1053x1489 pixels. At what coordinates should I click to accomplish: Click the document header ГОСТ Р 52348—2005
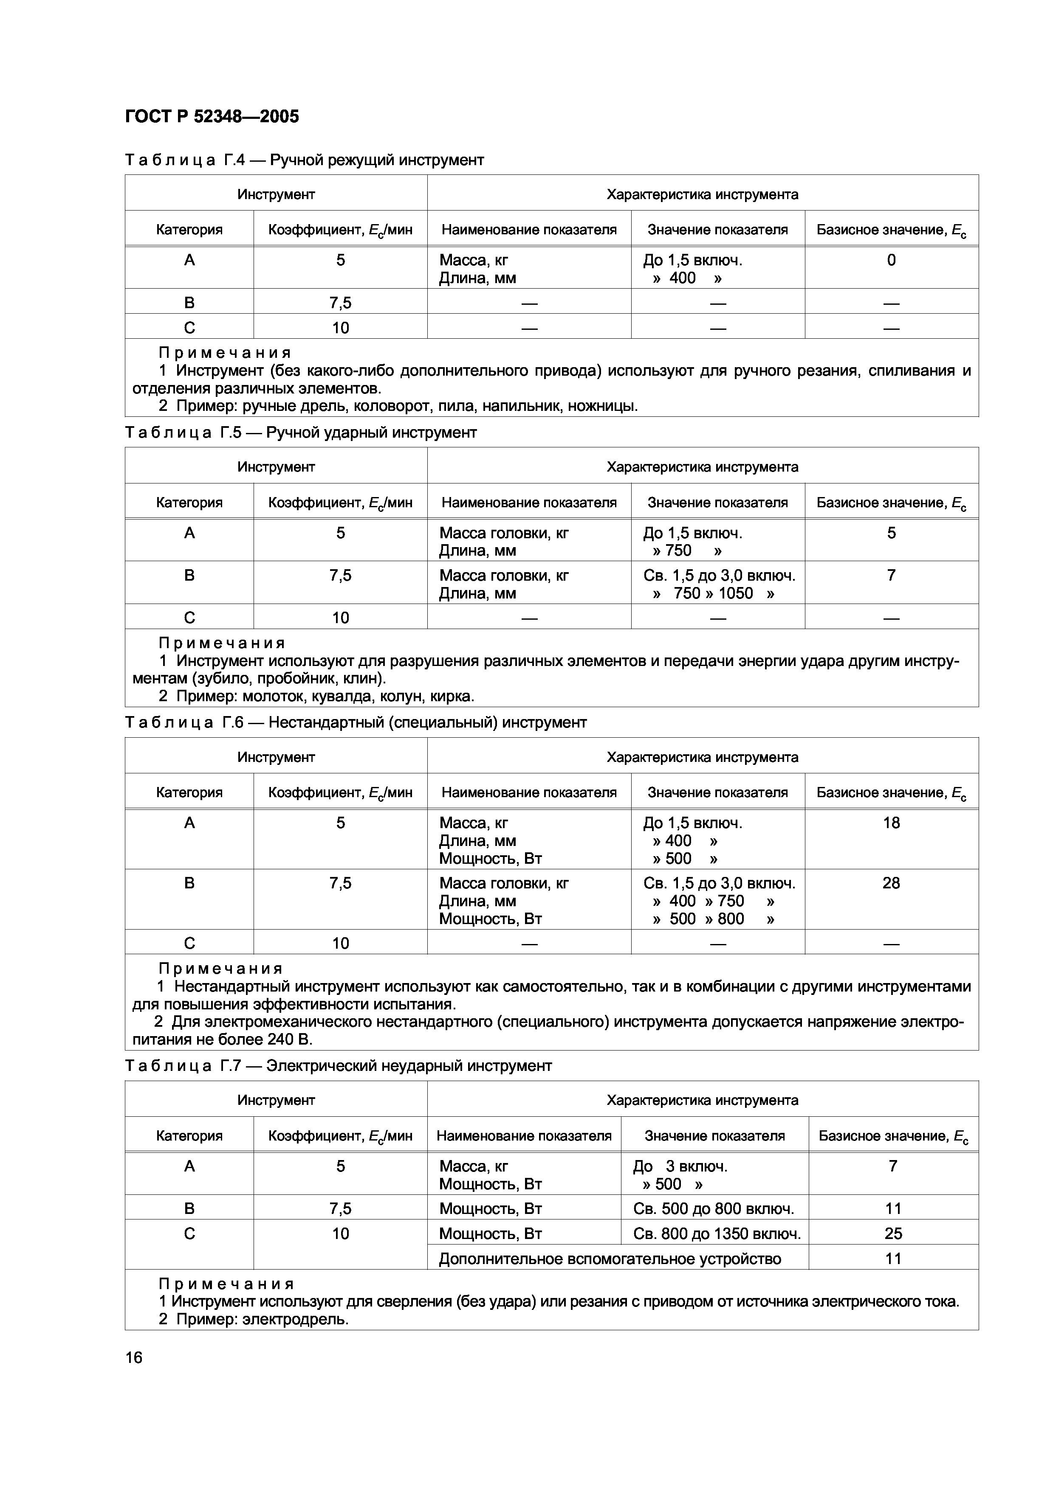coord(212,117)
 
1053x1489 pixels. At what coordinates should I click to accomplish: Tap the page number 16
coord(134,1357)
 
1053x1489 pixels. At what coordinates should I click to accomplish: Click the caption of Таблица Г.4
coord(304,160)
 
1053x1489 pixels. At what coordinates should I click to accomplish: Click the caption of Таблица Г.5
coord(300,433)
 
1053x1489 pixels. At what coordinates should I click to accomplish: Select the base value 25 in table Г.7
coord(893,1233)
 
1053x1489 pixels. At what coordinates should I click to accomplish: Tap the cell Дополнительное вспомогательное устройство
coord(610,1259)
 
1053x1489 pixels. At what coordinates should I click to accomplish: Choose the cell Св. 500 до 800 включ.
coord(713,1208)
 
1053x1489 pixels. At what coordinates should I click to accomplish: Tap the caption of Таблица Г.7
coord(338,1065)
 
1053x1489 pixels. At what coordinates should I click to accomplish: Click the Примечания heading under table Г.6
coord(220,969)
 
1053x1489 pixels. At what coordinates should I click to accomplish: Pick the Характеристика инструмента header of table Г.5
coord(702,467)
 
